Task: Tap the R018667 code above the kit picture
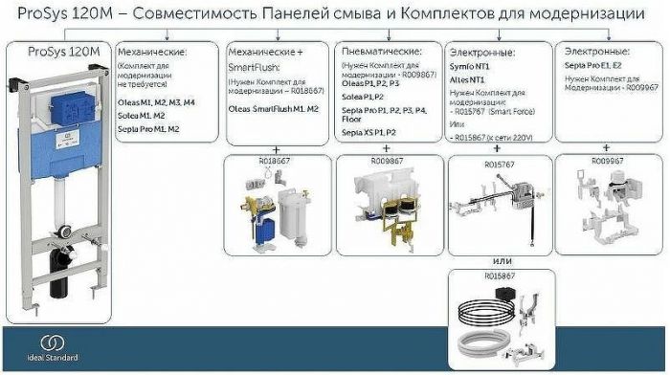coord(273,161)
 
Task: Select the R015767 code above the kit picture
coord(498,161)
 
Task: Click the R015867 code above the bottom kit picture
coord(498,276)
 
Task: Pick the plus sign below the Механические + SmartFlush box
coord(275,148)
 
